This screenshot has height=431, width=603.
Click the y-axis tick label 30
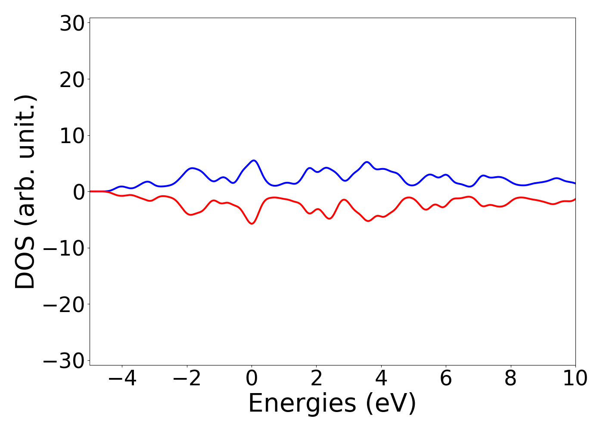pos(71,24)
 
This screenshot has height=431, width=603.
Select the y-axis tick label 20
pos(71,80)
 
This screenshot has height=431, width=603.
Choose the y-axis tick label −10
pos(64,249)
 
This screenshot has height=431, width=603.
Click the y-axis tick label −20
pos(64,305)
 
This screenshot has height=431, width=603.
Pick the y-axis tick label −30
pos(64,361)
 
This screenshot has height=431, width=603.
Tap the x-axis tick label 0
pos(252,379)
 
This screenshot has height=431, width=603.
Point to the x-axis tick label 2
pos(317,379)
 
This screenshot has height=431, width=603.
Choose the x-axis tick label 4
pos(381,379)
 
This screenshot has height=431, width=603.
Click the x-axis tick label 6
pos(446,379)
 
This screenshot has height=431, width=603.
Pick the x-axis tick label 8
pos(510,379)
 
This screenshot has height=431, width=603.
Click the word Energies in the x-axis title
pos(302,404)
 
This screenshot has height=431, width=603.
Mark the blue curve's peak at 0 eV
pos(254,160)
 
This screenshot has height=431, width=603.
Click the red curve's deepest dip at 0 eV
pos(252,223)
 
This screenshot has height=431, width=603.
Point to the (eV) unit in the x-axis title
pos(391,404)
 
